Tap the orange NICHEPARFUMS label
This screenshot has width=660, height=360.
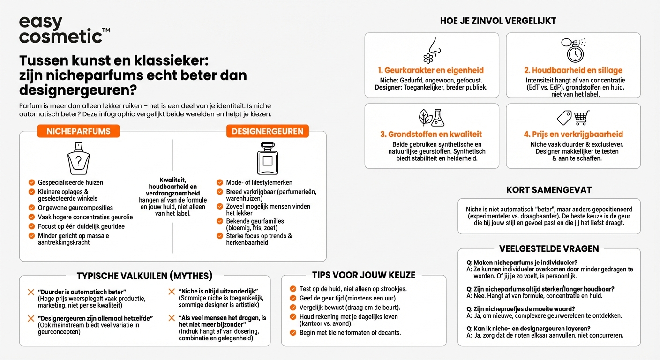point(78,131)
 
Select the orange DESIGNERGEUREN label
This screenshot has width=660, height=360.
point(267,131)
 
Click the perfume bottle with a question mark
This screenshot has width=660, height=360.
point(78,159)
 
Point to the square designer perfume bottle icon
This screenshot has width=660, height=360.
point(267,159)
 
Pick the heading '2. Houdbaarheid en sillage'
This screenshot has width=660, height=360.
point(573,70)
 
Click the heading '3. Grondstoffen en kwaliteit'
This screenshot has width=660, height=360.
point(431,134)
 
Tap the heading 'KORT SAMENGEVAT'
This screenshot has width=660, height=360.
point(549,190)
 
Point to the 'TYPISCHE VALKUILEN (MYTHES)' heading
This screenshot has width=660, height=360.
point(144,276)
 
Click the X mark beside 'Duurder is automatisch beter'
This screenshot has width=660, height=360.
point(31,292)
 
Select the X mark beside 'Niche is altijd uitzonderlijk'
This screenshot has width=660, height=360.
point(172,292)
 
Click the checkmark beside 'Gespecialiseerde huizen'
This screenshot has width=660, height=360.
point(31,182)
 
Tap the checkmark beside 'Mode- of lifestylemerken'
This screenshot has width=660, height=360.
point(220,182)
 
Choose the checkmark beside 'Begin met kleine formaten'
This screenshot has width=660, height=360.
point(293,333)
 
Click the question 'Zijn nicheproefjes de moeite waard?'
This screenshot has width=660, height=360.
point(524,309)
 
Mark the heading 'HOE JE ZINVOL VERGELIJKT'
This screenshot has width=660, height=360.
point(498,21)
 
